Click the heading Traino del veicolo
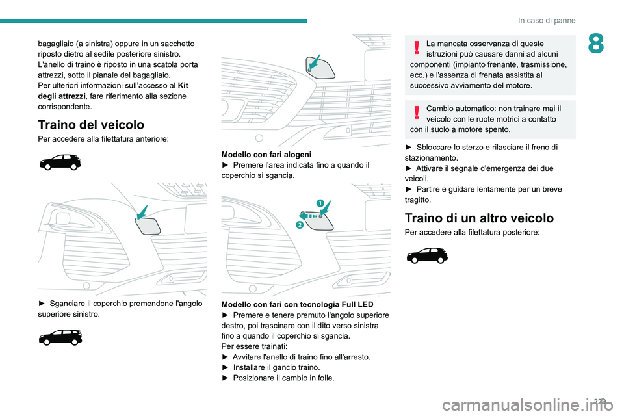point(91,125)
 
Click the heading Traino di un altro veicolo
point(478,218)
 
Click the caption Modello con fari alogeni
point(266,155)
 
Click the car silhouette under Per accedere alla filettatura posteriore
point(427,255)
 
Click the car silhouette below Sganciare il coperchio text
point(60,337)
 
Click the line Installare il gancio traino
point(276,367)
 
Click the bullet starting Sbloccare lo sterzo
point(481,147)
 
